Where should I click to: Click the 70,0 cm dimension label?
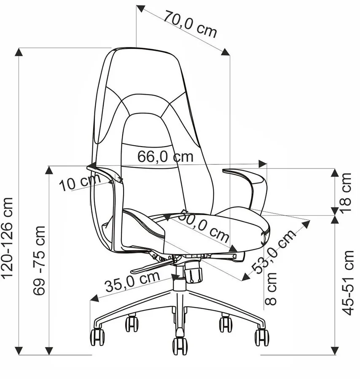[190, 24]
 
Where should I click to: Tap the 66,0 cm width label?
[166, 156]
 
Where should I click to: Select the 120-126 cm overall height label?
[7, 238]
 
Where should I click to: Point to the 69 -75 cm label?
[39, 260]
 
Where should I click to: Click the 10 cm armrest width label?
[80, 182]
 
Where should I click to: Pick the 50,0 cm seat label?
[204, 226]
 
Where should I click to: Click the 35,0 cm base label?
[132, 281]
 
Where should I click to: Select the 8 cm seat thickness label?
[271, 289]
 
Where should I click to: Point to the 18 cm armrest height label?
[346, 193]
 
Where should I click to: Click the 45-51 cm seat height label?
[348, 283]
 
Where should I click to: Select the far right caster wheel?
[262, 337]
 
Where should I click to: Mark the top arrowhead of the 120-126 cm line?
[19, 52]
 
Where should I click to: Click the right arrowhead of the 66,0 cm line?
[263, 164]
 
